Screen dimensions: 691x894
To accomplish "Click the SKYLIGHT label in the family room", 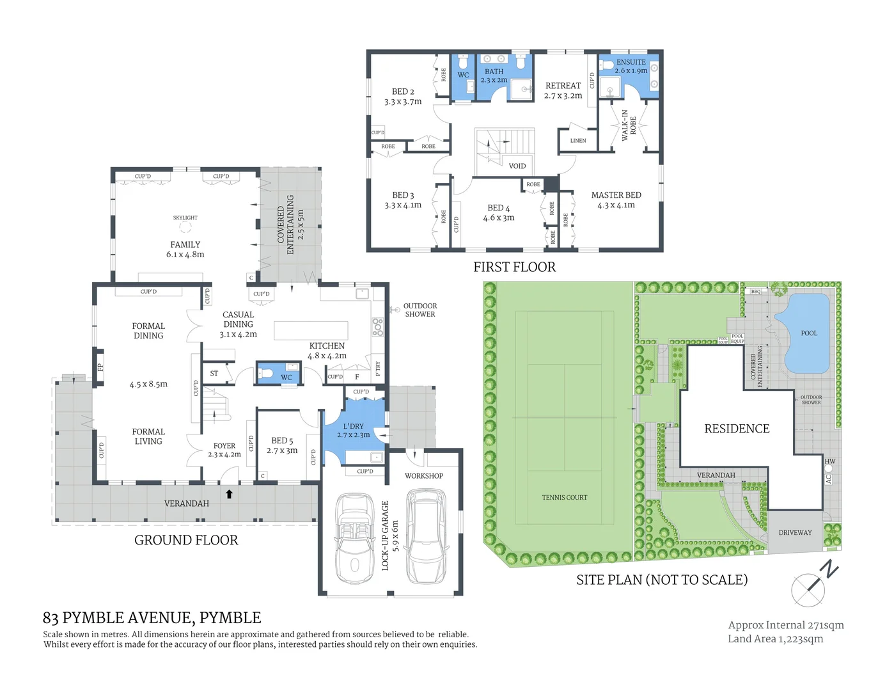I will tap(185, 218).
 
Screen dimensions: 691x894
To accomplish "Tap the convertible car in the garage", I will tap(355, 537).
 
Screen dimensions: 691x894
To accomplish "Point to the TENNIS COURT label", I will tap(564, 497).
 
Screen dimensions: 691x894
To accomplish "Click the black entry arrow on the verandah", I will tap(229, 494).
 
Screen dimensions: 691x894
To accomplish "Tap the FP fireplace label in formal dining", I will tap(100, 367).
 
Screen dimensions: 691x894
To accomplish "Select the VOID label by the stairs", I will tap(517, 166).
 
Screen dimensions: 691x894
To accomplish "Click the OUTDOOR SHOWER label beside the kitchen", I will tap(420, 310).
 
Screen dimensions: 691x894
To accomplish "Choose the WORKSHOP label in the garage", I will tap(423, 475).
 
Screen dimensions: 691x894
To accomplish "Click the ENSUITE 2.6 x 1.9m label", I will tap(631, 67).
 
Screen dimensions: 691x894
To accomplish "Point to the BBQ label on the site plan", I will tap(756, 291).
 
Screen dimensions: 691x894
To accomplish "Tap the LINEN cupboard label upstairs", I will tap(577, 141).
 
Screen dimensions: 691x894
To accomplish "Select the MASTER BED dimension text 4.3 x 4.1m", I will tap(616, 205).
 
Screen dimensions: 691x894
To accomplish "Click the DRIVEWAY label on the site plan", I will tap(795, 532).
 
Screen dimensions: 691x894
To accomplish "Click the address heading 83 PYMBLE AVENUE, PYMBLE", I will tap(152, 617).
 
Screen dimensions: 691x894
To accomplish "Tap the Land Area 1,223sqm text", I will tap(775, 639).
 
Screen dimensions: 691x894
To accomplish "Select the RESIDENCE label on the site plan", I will tap(737, 429).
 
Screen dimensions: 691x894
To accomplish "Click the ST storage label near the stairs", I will tap(214, 373).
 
